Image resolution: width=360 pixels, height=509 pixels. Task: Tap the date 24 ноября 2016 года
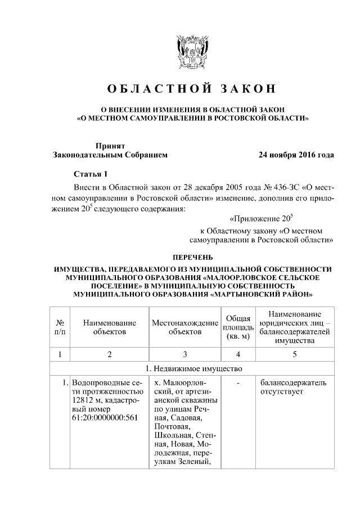(x=296, y=155)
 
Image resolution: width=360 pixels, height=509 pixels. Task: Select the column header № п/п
(x=60, y=327)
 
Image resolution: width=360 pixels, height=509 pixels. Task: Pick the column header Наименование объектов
(x=110, y=327)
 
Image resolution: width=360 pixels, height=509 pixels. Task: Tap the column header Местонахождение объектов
(x=184, y=327)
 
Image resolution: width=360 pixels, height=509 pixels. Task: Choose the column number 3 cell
(x=184, y=354)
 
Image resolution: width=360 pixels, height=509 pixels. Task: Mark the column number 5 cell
(x=294, y=354)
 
